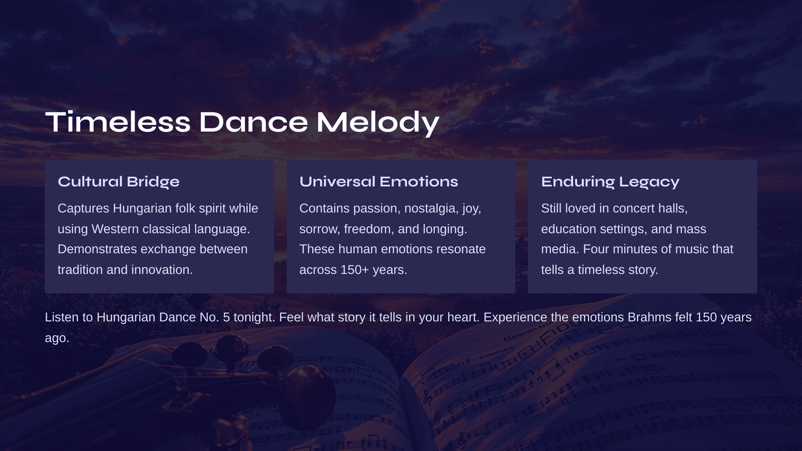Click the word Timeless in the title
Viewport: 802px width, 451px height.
coord(118,122)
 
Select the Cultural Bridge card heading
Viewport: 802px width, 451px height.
coord(118,182)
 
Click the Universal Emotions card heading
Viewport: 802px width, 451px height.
coord(378,181)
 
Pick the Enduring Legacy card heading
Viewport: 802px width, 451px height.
coord(610,182)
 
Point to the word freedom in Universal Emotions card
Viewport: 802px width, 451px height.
coord(369,229)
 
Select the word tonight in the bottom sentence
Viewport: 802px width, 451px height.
coord(254,318)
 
